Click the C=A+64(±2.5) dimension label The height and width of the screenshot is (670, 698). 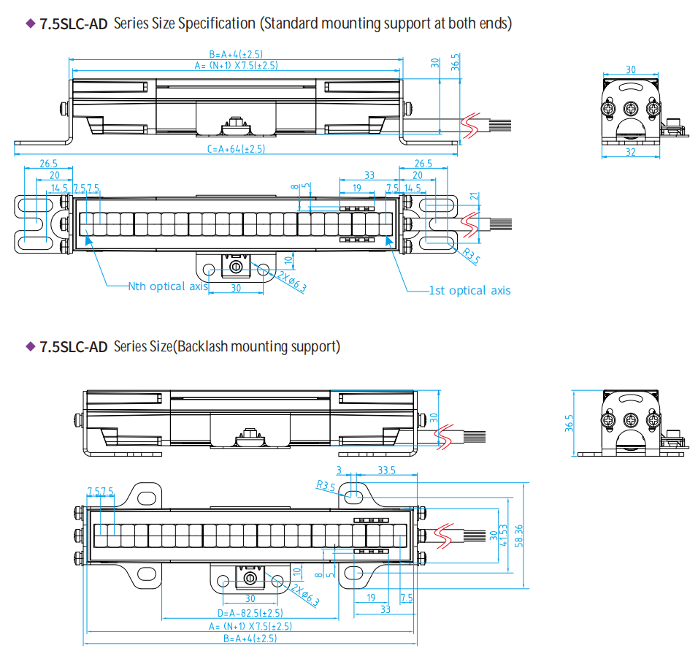pos(236,149)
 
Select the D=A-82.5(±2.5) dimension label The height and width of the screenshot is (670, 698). pos(250,613)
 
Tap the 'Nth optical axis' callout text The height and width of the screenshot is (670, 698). pos(167,286)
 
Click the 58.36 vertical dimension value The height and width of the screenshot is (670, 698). pos(519,535)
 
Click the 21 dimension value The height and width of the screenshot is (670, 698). pos(474,196)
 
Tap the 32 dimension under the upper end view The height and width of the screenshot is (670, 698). pos(631,153)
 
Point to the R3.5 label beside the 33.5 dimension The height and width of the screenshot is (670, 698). pos(326,484)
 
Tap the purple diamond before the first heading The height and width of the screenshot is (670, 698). pos(31,23)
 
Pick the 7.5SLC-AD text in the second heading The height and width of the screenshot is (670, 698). pos(74,347)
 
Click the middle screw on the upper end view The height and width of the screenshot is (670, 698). pos(631,108)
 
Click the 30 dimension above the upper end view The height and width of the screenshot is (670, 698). pos(631,70)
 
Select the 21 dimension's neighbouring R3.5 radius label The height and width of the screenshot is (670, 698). pos(471,256)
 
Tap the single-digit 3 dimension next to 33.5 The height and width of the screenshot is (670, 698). pos(340,471)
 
